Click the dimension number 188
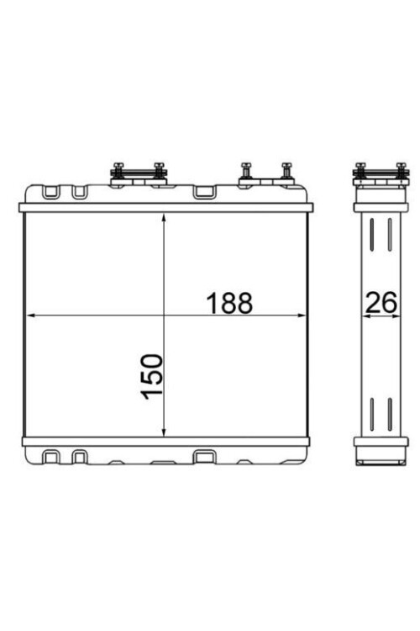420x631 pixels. click(x=229, y=303)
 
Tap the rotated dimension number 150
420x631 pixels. click(x=153, y=377)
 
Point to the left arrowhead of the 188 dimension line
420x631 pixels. click(x=31, y=315)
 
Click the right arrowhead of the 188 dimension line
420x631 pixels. click(x=301, y=315)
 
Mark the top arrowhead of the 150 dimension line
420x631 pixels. click(x=164, y=219)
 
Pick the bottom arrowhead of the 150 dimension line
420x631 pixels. click(x=164, y=432)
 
